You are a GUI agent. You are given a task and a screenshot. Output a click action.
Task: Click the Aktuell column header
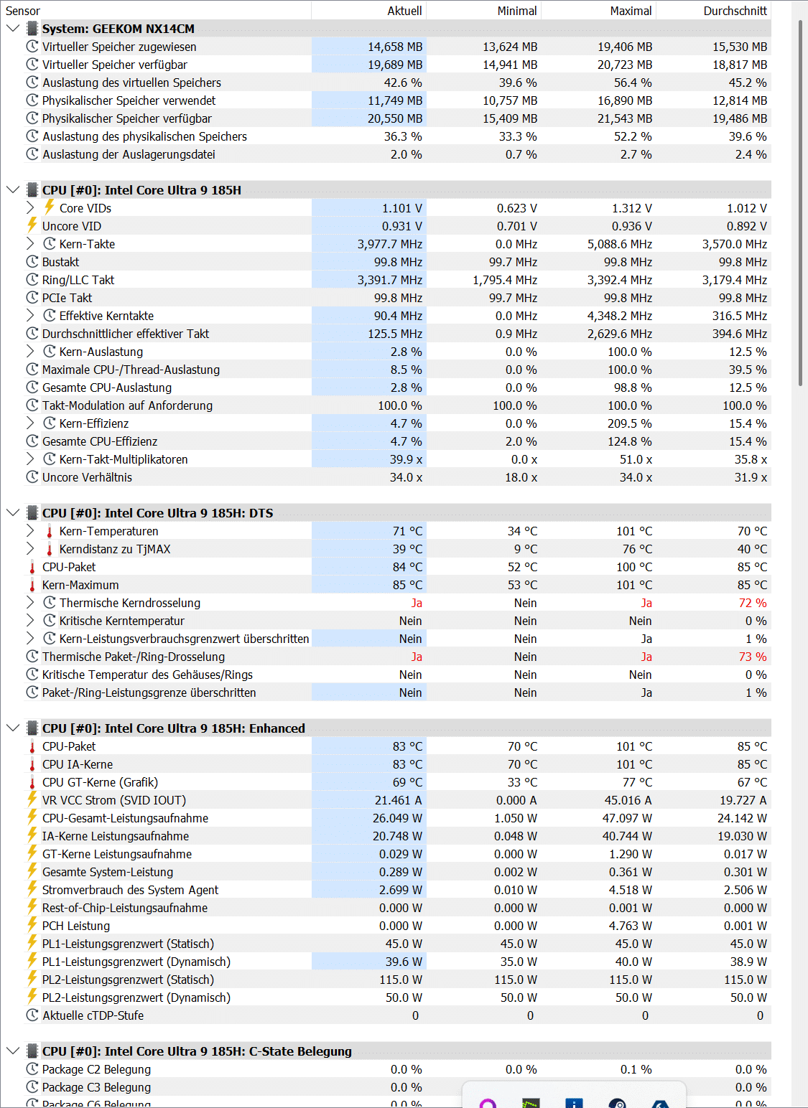404,11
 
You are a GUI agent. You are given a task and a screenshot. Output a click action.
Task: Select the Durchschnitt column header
735,11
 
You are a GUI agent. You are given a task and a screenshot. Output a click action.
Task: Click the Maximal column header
631,11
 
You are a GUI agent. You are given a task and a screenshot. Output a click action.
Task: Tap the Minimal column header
516,11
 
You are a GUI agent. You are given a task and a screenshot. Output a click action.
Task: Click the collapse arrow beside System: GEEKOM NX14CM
12,29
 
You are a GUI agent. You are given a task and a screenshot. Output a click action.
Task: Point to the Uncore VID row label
71,226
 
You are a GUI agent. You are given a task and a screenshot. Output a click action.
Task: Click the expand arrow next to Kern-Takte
30,244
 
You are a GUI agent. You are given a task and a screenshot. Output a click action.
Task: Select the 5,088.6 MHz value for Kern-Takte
620,244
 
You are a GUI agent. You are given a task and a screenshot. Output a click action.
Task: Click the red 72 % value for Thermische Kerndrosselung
752,603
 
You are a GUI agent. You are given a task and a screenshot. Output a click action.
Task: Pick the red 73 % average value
752,657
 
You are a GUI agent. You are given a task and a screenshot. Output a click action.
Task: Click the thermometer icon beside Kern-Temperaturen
50,531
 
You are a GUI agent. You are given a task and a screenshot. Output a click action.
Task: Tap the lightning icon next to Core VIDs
50,208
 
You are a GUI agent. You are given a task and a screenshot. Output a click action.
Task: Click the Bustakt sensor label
60,262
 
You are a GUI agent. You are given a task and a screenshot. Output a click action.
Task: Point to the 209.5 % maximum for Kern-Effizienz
628,423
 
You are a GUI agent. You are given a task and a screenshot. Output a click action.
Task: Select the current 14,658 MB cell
395,47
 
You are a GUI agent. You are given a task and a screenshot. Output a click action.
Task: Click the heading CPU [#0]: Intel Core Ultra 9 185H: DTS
157,513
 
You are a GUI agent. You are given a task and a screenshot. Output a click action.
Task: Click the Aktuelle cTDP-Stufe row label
93,1015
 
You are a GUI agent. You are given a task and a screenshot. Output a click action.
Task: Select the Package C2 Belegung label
96,1069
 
